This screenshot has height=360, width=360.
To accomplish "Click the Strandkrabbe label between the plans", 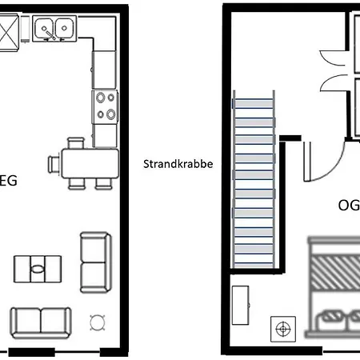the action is point(178,164).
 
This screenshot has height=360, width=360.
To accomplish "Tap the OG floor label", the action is point(349,206).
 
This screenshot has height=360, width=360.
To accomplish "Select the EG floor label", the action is point(8,181).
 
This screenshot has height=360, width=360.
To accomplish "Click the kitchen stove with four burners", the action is point(105,107).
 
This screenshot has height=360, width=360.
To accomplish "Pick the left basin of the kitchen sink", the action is point(44,28).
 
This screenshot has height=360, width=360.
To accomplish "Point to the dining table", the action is point(90,163).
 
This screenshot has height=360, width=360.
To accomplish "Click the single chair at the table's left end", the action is point(54,165).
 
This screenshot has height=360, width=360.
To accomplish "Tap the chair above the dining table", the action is point(76,143).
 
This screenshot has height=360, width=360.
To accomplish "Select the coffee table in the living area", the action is point(38,269).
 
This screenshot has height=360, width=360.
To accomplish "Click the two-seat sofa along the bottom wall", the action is point(41,323).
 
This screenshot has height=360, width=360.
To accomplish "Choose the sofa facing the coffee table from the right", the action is point(95,262).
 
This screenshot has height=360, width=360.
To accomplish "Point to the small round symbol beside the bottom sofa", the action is point(98,322).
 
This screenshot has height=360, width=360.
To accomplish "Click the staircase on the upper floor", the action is point(254,179).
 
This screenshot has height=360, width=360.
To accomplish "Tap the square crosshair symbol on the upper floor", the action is point(283,329).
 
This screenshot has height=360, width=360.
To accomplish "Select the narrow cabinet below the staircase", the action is point(241,305).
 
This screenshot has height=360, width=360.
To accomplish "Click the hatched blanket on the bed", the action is point(335,273).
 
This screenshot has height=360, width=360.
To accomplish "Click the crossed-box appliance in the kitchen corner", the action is point(9,33).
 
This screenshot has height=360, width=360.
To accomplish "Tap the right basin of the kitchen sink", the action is point(65,28).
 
